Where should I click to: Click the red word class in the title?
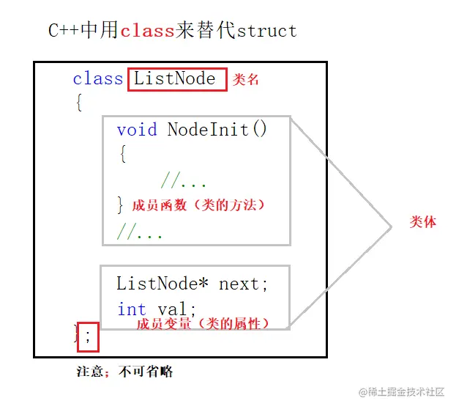[147, 31]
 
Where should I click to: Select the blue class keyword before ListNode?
[97, 79]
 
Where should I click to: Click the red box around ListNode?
[175, 79]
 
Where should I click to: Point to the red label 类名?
[247, 80]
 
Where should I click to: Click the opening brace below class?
[78, 103]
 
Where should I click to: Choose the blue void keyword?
[137, 130]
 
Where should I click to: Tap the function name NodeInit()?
[217, 130]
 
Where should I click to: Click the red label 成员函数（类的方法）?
[198, 205]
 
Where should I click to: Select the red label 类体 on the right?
[422, 222]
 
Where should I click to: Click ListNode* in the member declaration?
[163, 284]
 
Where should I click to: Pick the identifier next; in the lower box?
[244, 284]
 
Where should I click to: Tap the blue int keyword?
[132, 309]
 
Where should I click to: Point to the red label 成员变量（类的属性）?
[203, 323]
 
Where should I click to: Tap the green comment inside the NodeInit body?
[184, 181]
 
